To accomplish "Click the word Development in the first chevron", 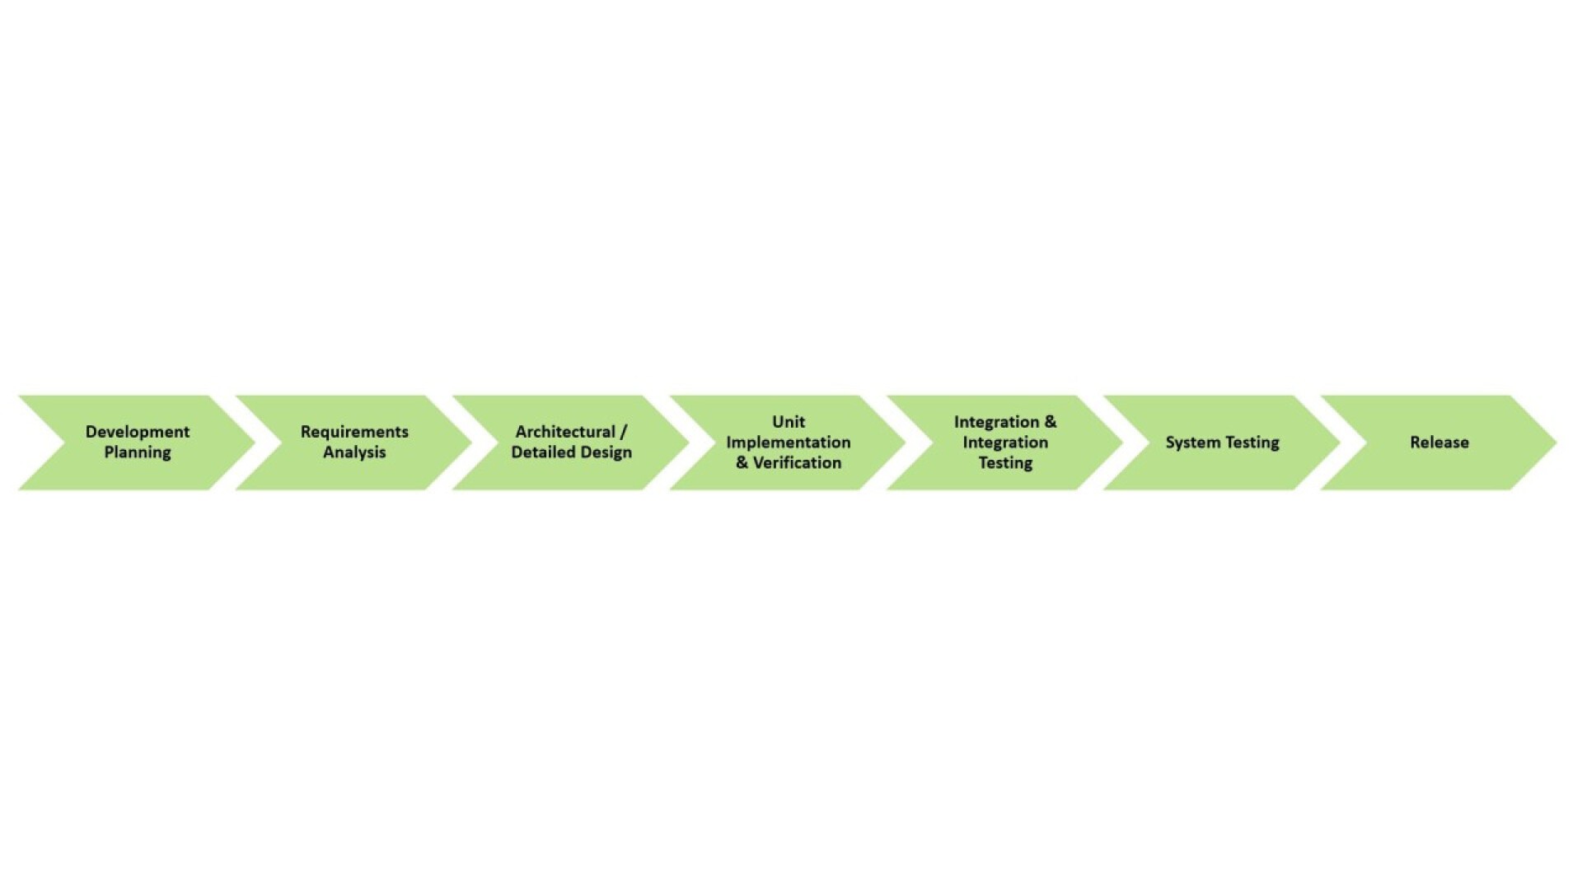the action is coord(138,432).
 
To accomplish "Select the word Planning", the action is coord(138,452).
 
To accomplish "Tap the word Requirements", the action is coord(354,432).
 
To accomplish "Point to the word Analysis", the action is coord(354,452).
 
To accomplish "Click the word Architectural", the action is coord(565,432).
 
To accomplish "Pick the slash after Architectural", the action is coord(624,432).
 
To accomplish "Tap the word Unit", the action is coord(789,422).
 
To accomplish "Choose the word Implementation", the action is coord(789,443).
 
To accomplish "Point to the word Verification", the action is coord(797,463).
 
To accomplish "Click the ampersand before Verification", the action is coord(742,463).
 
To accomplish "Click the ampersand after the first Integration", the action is coord(1050,422).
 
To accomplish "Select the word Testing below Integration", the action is coord(1005,463).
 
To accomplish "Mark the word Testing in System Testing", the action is coord(1252,443).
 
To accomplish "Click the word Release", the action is coord(1439,443).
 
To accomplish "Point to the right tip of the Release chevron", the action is coord(1556,443).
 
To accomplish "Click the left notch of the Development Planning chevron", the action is coord(64,443).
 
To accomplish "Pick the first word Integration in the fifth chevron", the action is coord(997,422).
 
